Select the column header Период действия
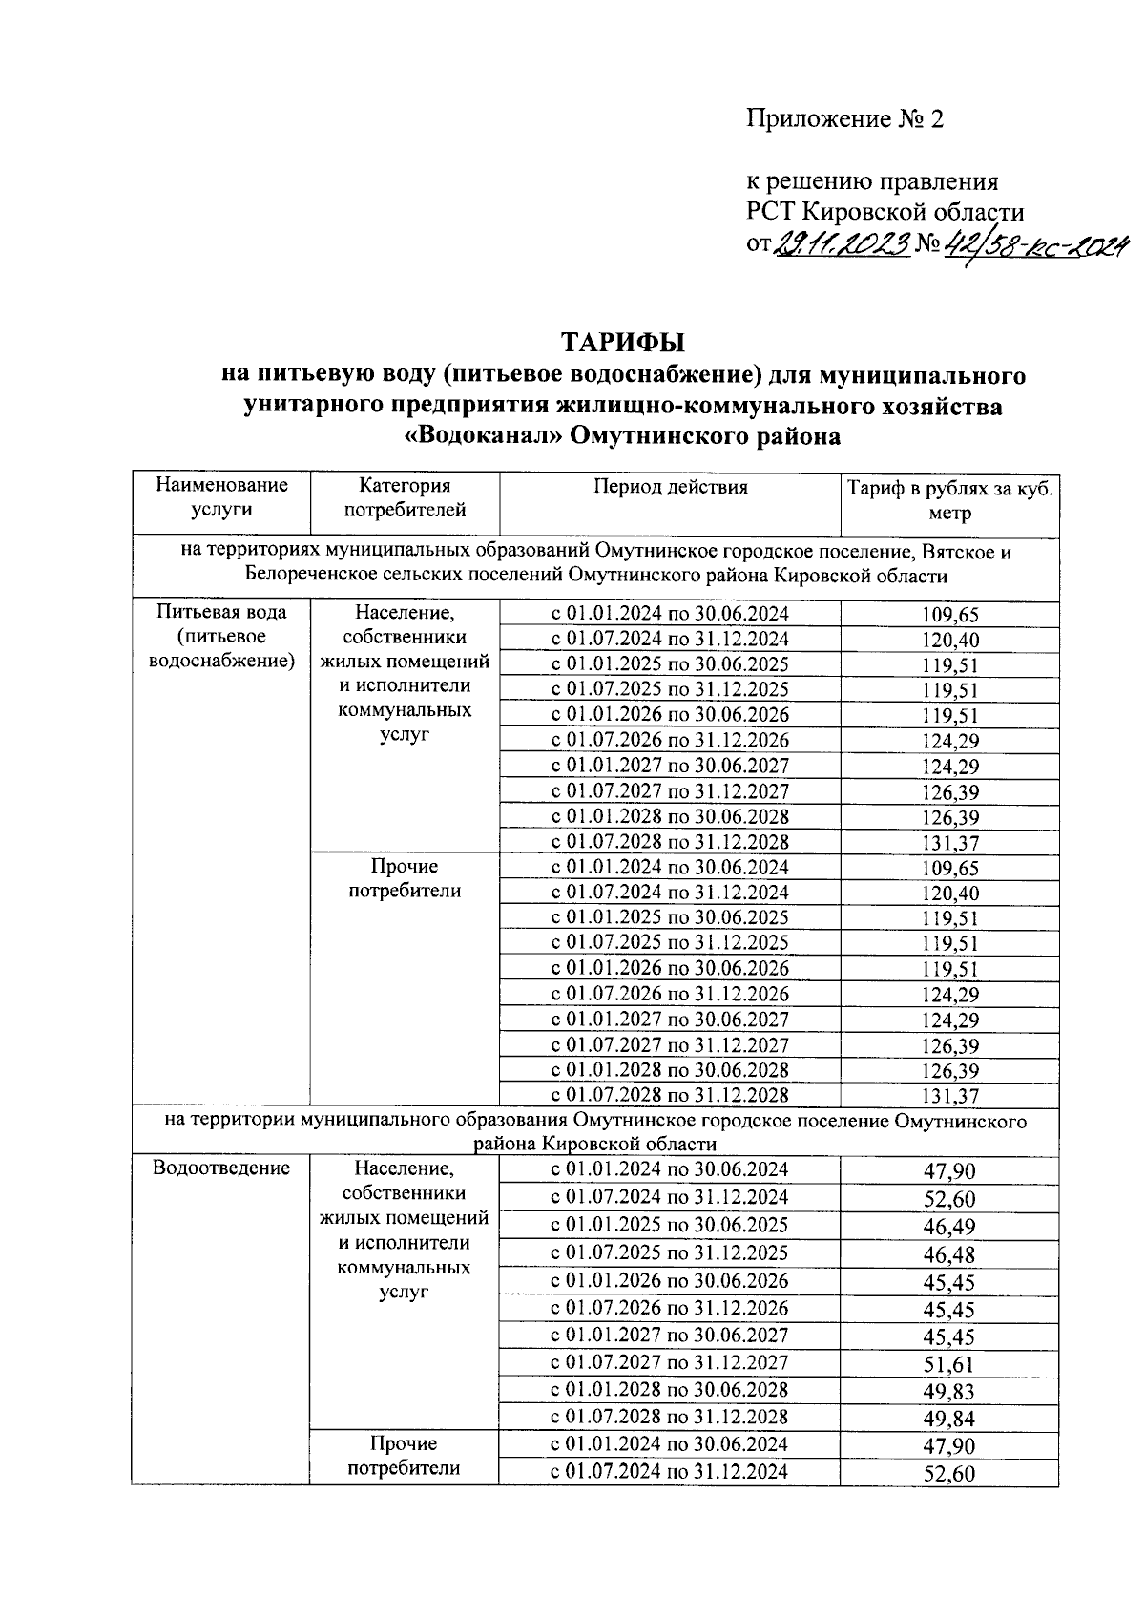(x=670, y=487)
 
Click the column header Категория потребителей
(x=405, y=497)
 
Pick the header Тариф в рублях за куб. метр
(x=949, y=501)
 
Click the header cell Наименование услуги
(x=221, y=497)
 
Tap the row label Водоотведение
(x=221, y=1168)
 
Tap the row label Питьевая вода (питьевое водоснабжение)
(x=221, y=636)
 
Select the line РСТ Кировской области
(x=885, y=212)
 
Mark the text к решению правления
(x=871, y=181)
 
